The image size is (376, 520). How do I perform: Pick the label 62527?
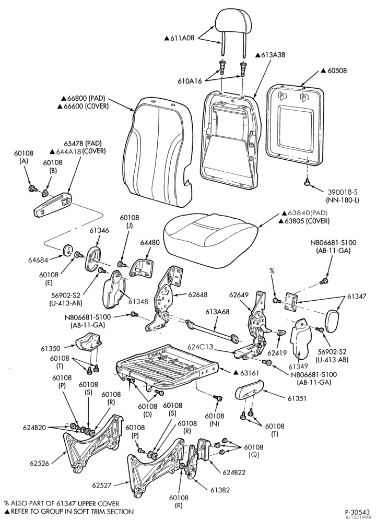102,485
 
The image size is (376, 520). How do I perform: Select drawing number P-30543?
358,511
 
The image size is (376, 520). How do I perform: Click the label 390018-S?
343,192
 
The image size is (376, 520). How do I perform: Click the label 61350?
51,348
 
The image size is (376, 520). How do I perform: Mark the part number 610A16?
190,81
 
